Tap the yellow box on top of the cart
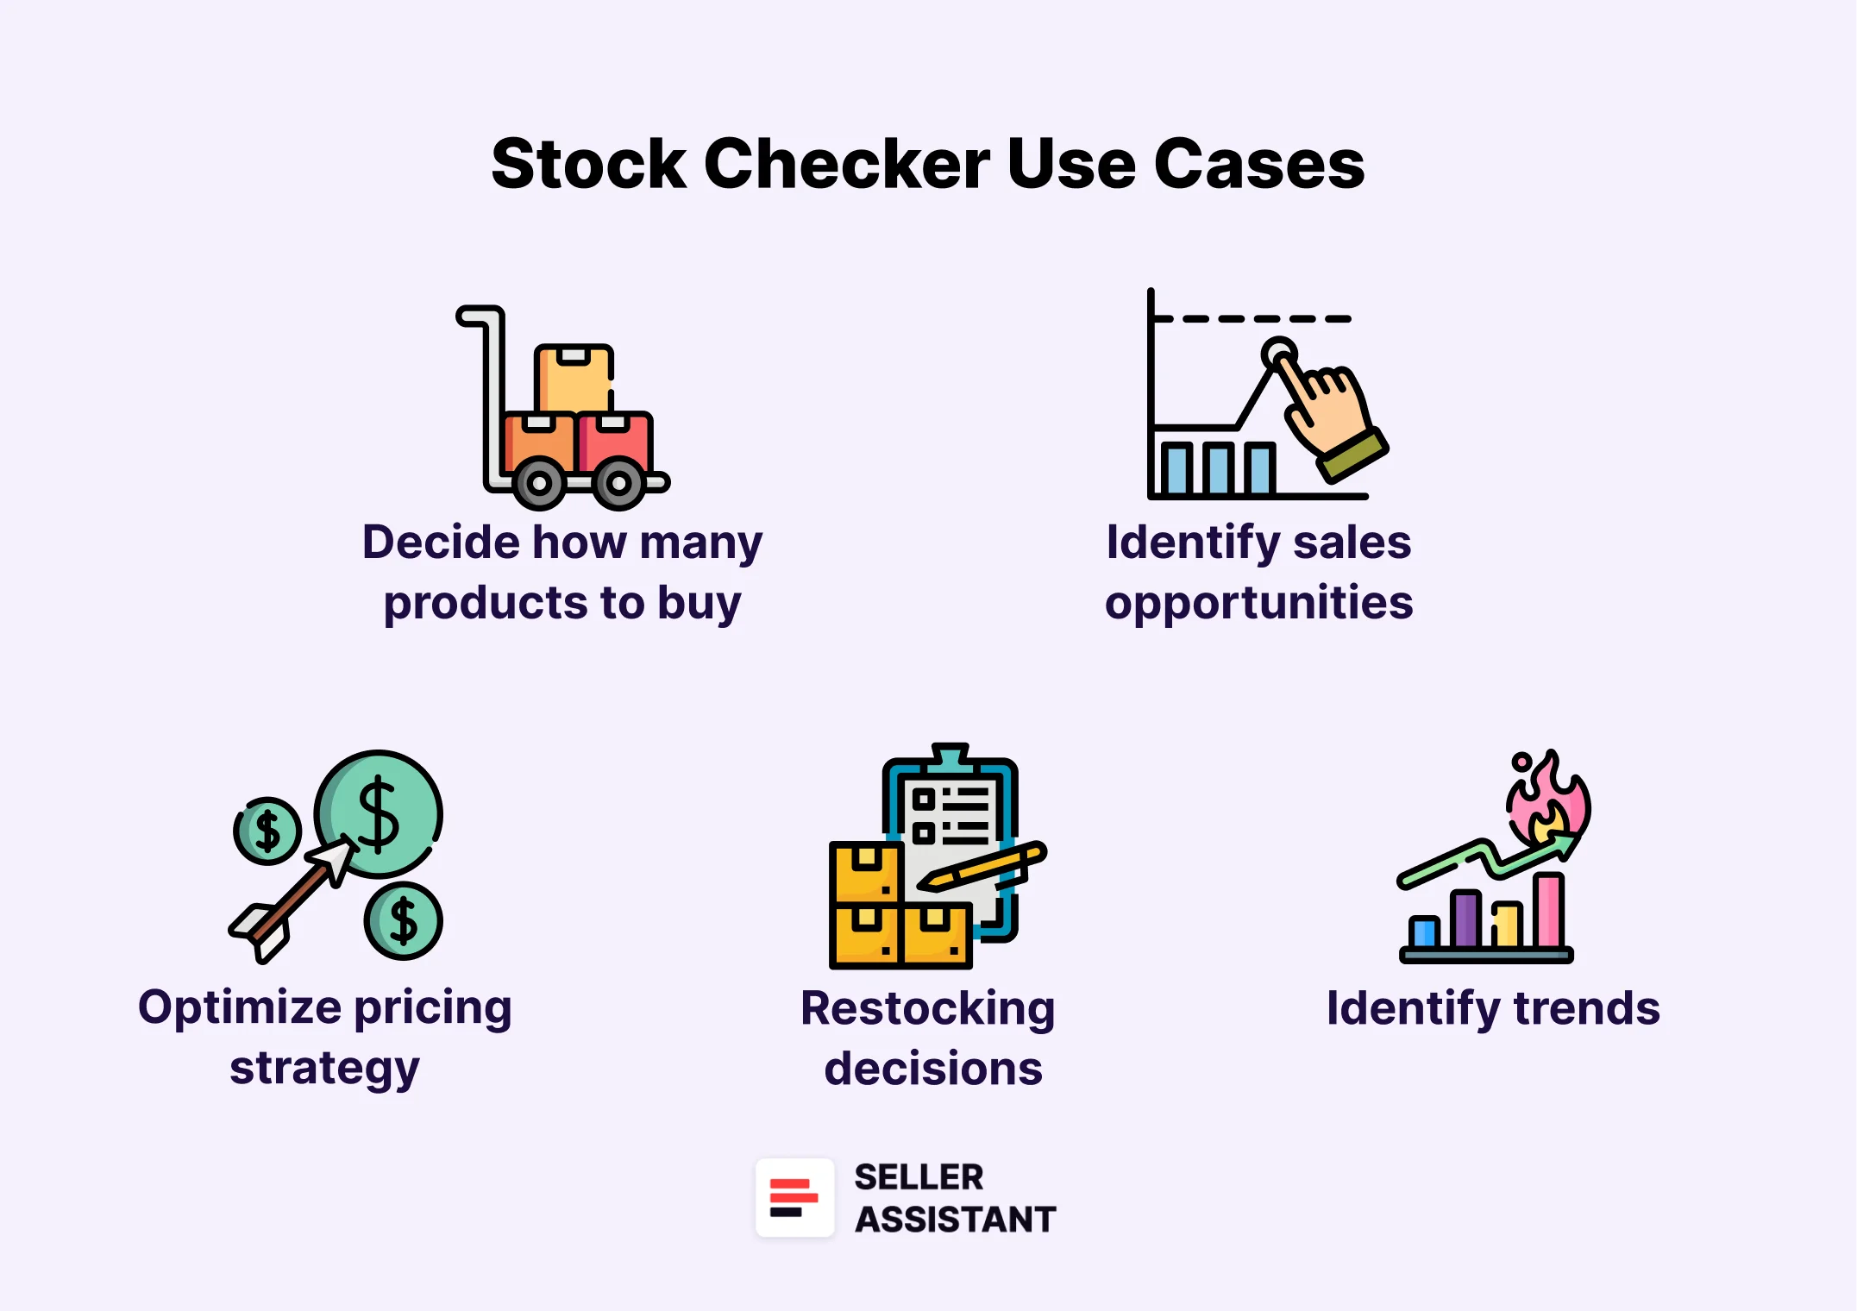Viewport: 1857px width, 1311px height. coord(574,379)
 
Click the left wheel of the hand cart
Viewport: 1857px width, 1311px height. coord(539,483)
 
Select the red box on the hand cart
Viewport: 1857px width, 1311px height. coord(615,442)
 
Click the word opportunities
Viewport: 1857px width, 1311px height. coord(1258,602)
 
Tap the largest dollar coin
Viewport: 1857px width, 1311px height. coord(380,813)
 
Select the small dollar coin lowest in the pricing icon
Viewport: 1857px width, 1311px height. coord(404,921)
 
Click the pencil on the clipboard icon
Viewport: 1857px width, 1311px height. coord(983,868)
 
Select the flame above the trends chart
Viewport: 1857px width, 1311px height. coord(1548,798)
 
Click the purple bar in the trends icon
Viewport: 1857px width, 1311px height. coord(1465,920)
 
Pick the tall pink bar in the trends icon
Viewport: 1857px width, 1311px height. coord(1549,911)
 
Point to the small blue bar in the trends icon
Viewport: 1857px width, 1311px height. coord(1424,932)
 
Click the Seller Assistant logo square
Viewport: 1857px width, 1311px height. coord(794,1198)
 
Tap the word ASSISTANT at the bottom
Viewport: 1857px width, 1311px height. coord(955,1220)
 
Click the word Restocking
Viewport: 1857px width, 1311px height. coord(927,1008)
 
